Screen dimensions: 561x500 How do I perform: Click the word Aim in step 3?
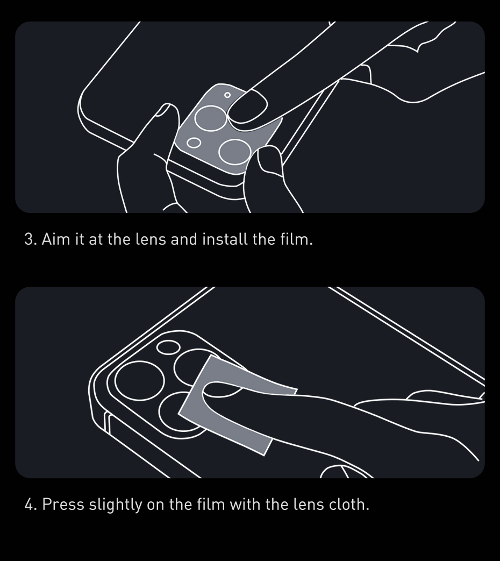point(56,239)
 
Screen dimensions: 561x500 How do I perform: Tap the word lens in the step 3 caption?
point(151,239)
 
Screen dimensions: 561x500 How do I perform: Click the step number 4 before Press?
point(30,505)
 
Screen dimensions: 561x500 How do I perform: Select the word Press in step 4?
point(63,505)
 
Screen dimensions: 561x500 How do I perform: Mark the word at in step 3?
point(95,239)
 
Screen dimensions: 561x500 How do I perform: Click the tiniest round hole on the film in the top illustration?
point(227,95)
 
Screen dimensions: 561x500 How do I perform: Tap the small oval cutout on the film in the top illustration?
point(194,143)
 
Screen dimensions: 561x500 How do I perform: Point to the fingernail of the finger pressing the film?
point(247,107)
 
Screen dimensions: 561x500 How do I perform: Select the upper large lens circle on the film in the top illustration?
point(209,118)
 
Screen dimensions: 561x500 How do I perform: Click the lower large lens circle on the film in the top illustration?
point(235,152)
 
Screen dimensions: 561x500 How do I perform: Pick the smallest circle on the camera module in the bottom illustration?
point(168,347)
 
